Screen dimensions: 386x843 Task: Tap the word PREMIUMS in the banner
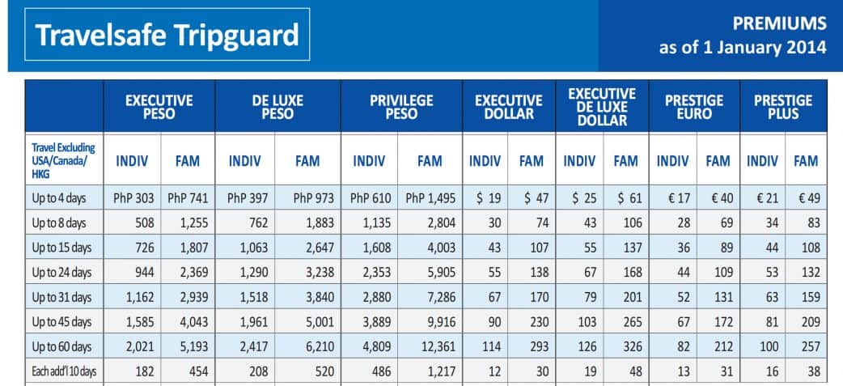[x=779, y=23]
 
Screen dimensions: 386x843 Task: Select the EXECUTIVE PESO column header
[x=159, y=107]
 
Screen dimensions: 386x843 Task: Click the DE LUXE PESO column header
[x=277, y=107]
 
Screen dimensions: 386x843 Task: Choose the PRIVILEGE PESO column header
[x=401, y=107]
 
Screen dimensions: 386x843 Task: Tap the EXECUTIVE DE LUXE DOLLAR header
[x=603, y=107]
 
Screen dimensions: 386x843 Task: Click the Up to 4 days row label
[x=59, y=199]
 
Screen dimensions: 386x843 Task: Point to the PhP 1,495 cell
[x=429, y=199]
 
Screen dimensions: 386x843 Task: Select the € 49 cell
[x=806, y=199]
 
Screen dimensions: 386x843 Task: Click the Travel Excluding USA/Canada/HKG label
[x=62, y=161]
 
